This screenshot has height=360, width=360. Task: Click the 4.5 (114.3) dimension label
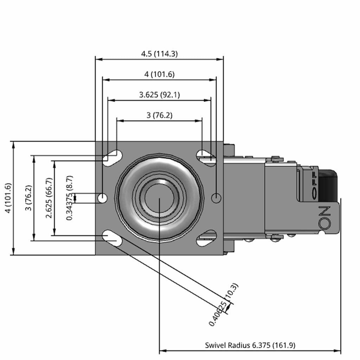point(159,54)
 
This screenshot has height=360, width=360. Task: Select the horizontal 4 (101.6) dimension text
point(159,75)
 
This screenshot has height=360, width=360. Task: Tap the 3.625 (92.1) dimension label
point(159,95)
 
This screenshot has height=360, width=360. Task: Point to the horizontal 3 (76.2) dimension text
point(159,115)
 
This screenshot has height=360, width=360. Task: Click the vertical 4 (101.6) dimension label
point(8,198)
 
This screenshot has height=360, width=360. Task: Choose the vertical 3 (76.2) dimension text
point(29,198)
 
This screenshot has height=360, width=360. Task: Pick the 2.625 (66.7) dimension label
point(49,198)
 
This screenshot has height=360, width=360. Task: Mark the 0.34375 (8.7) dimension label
point(70,198)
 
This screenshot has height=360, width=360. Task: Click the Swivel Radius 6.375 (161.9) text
point(250,345)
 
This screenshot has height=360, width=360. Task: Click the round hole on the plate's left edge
point(102,198)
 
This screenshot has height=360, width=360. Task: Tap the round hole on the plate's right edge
point(216,198)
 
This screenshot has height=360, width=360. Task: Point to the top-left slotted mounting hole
point(112,158)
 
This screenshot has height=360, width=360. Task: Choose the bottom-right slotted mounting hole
point(206,238)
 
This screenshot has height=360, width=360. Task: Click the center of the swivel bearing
point(159,198)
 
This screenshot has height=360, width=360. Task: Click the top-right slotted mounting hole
point(206,158)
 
